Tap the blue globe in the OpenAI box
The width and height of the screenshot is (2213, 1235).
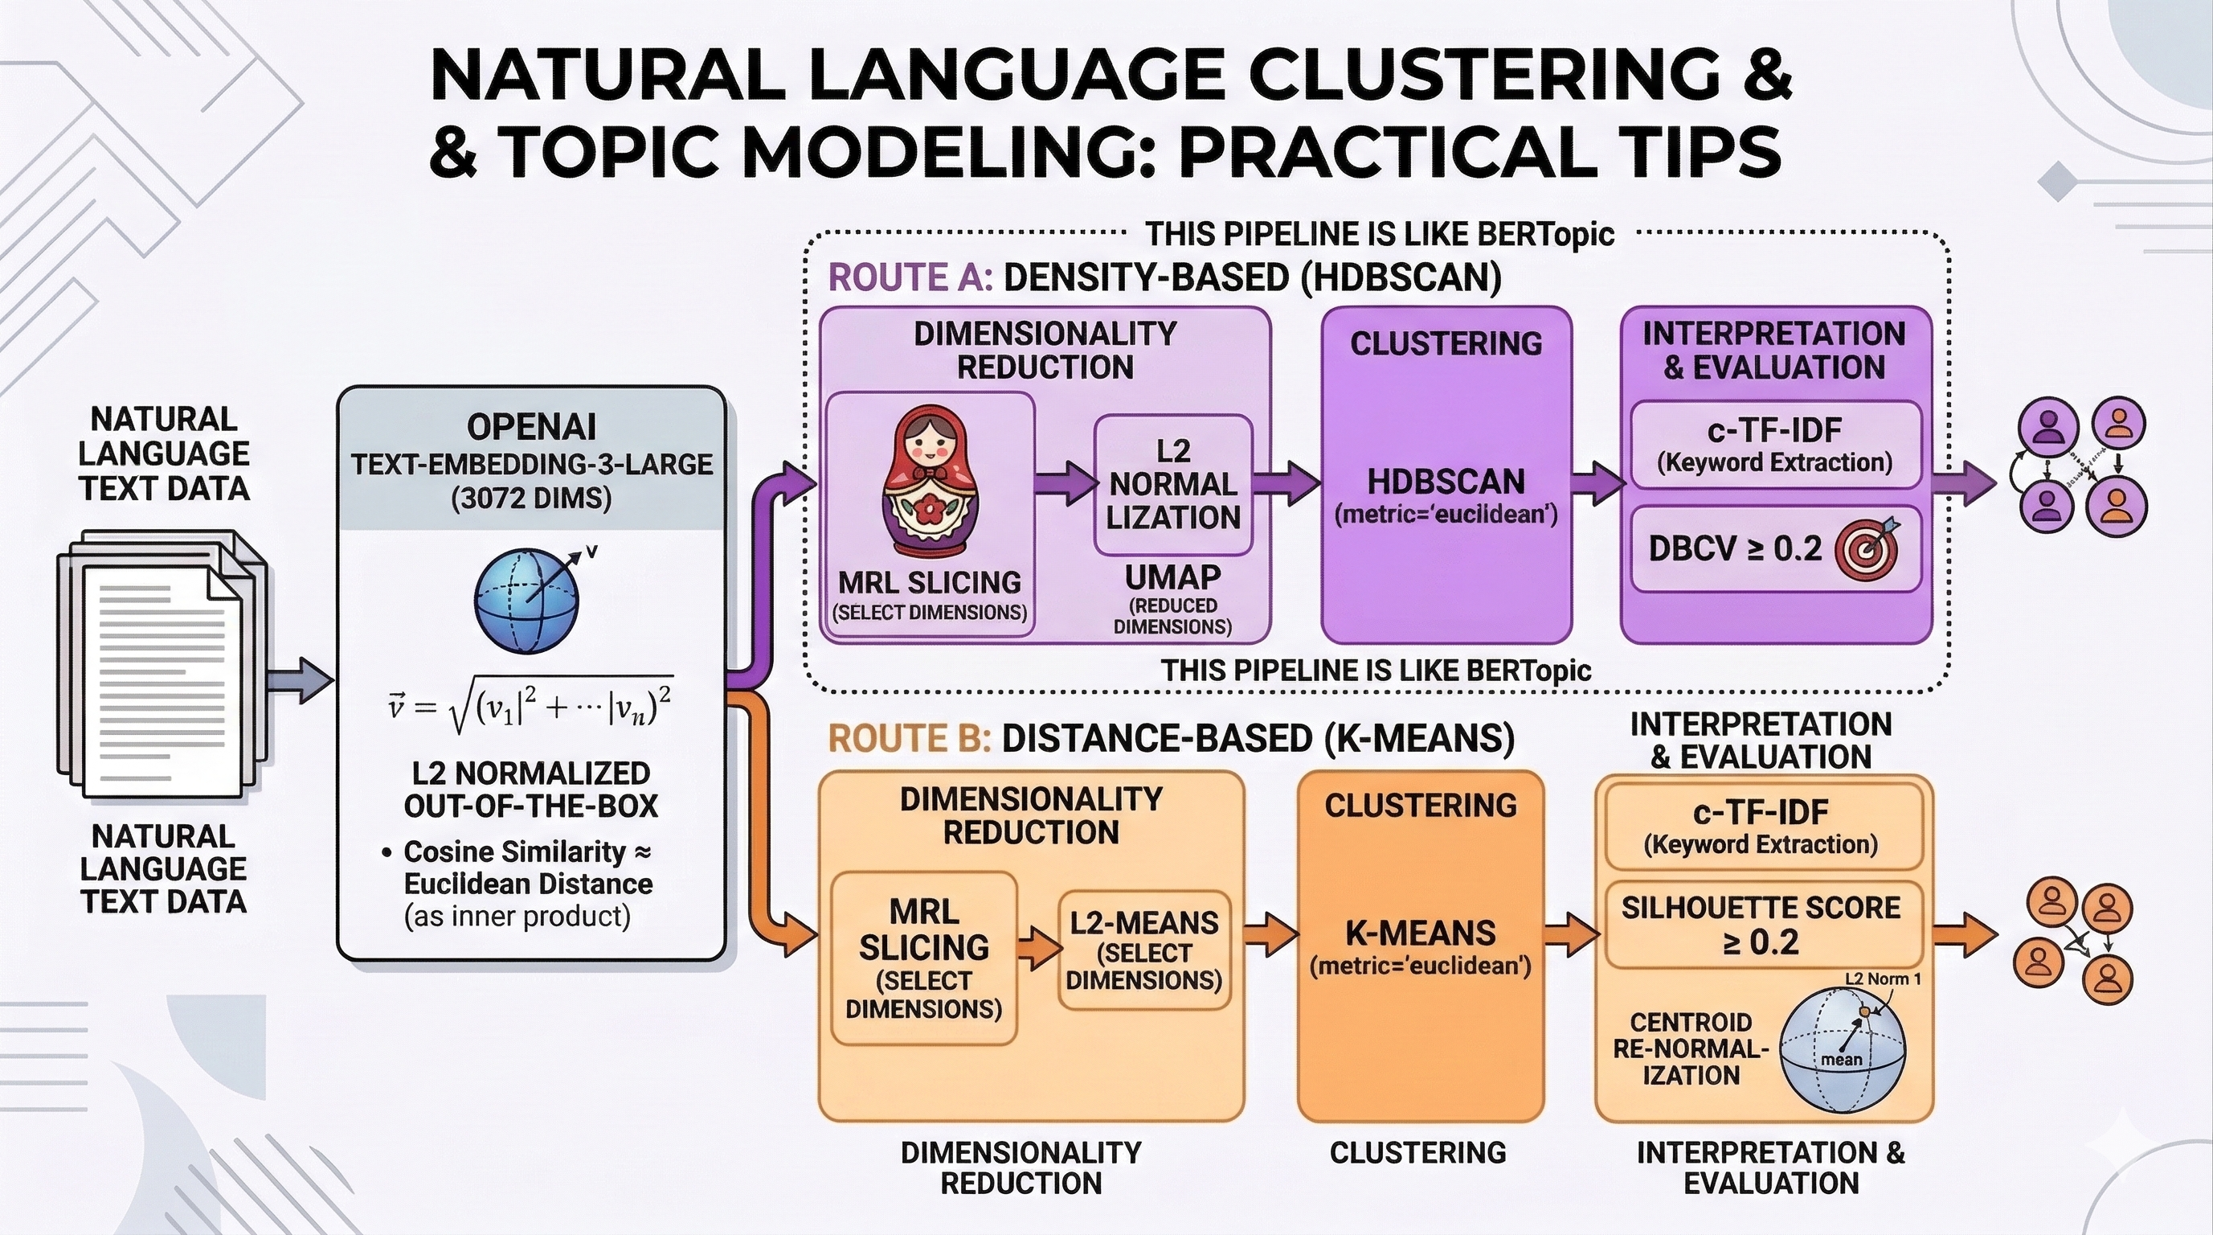[526, 598]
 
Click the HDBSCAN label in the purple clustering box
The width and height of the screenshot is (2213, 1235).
[1446, 482]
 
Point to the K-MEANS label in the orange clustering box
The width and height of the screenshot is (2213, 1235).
[1420, 933]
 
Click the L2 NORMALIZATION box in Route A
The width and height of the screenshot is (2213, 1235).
[1172, 486]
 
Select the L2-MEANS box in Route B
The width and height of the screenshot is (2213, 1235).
[1144, 950]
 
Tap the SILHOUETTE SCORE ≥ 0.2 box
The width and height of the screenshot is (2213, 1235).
[1761, 925]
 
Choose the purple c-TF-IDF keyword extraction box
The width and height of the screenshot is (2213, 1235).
[1775, 445]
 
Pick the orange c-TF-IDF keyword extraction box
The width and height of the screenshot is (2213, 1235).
[1761, 826]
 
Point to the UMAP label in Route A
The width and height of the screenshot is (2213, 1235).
[1172, 576]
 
